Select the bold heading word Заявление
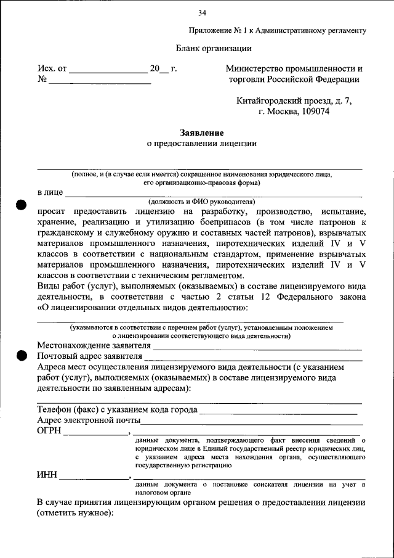[201, 133]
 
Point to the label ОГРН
[49, 430]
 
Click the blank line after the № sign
[100, 80]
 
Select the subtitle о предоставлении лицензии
[201, 144]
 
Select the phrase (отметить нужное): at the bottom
[74, 513]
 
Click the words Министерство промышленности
[294, 68]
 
